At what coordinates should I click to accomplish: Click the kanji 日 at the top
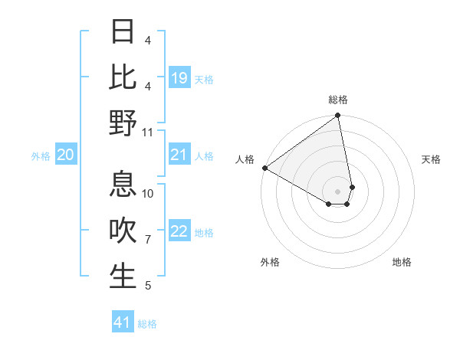point(123,32)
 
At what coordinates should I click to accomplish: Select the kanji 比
point(123,77)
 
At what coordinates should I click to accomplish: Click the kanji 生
point(123,277)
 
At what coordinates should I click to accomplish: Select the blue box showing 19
point(179,78)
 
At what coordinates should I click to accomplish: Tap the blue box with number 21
point(179,155)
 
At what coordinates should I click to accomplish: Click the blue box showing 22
point(179,231)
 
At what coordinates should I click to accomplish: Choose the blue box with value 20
point(65,155)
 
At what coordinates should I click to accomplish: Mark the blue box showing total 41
point(123,322)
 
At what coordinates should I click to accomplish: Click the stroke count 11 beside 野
point(149,132)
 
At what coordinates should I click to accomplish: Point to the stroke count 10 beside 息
point(149,194)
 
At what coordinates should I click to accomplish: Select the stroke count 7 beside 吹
point(148,240)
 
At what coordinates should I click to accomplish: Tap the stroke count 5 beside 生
point(148,286)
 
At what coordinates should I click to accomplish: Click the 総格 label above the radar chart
point(338,100)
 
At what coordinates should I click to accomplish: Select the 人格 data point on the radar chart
point(264,168)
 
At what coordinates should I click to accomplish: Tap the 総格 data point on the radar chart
point(338,116)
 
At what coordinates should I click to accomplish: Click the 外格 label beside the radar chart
point(270,262)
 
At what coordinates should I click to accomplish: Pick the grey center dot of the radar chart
point(338,190)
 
